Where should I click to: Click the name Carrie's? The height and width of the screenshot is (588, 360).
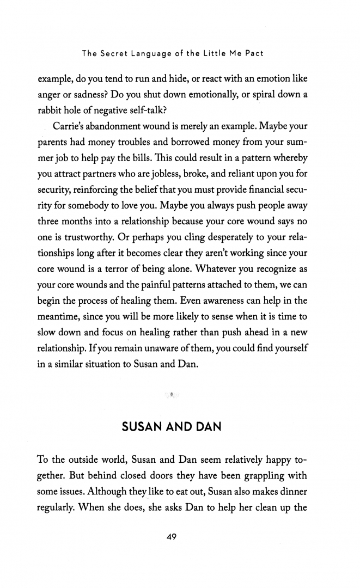click(72, 126)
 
